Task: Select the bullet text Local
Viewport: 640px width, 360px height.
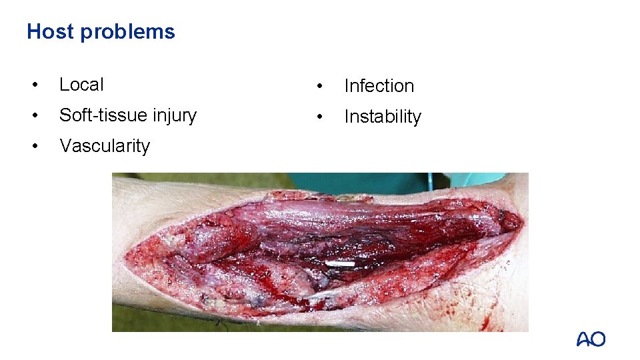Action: [x=81, y=85]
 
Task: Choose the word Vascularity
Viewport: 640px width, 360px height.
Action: [x=105, y=146]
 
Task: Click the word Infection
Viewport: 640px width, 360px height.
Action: [x=379, y=86]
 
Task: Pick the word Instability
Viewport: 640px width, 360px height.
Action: [x=383, y=117]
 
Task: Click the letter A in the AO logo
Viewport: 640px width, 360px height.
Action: [x=583, y=339]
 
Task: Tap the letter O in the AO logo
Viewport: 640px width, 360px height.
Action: [x=598, y=339]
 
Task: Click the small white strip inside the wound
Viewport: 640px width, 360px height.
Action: [x=339, y=265]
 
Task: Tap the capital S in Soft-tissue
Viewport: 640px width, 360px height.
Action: [x=65, y=115]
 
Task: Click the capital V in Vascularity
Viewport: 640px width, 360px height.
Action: [x=65, y=146]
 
